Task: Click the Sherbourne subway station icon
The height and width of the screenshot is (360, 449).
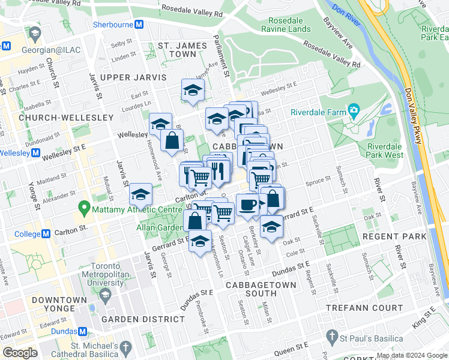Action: click(x=139, y=25)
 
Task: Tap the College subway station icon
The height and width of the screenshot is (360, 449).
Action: click(x=46, y=233)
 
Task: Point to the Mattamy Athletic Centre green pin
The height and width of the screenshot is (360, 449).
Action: click(x=83, y=209)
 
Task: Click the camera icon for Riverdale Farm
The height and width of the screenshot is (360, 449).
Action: click(x=354, y=111)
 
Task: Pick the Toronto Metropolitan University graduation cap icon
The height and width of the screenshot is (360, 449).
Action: click(x=106, y=295)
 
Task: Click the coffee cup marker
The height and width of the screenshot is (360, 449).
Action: click(x=247, y=205)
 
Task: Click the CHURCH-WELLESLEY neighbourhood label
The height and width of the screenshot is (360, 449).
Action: click(x=66, y=118)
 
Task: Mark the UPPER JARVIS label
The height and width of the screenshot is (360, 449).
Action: click(x=133, y=77)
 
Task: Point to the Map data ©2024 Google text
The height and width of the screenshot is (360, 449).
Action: click(x=411, y=355)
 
